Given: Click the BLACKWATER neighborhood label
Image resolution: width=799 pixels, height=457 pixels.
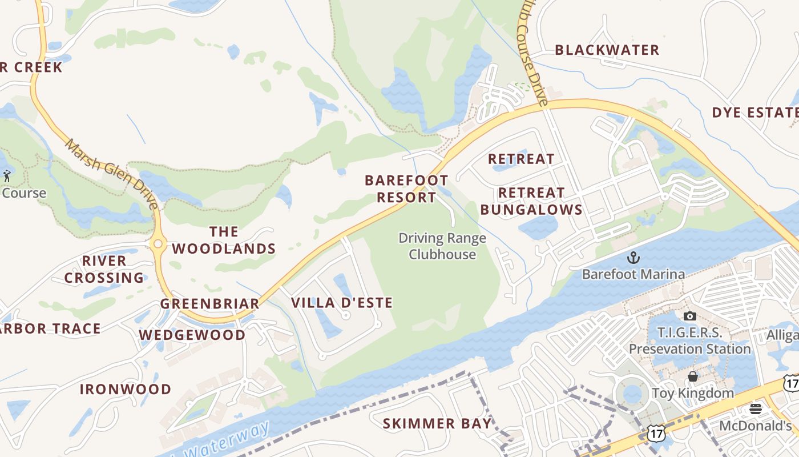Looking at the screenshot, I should point(607,50).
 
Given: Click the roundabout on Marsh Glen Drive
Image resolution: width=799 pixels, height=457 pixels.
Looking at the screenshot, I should point(158,244).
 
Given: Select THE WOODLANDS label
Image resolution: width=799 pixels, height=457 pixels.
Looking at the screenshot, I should point(224,240).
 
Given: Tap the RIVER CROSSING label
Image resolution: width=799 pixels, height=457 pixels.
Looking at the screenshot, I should point(104,269).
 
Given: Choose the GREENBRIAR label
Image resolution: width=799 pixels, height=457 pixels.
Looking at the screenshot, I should point(209,304).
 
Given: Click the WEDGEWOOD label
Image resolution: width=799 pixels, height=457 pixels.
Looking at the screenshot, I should point(192,335).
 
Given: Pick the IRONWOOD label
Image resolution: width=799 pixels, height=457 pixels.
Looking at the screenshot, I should point(126,390).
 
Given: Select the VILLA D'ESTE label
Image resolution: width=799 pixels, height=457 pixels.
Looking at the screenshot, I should point(342,303).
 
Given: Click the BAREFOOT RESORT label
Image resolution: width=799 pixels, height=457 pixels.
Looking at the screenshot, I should point(406,189).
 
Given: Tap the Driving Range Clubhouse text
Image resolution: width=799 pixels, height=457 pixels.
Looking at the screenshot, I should point(442,246).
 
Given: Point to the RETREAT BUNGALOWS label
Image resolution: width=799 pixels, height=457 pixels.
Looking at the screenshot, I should point(531,201).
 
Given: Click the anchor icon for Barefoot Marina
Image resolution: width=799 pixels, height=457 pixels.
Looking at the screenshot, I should point(633,258).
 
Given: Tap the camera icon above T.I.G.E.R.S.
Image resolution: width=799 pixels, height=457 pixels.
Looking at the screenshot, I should point(689,316).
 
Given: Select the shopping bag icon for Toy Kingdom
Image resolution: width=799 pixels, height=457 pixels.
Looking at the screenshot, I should point(692,376).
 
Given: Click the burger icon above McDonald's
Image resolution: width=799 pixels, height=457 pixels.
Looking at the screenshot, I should point(756,409).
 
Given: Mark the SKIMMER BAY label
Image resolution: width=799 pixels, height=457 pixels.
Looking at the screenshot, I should point(437,424).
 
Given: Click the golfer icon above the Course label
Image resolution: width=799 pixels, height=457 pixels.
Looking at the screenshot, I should point(7,175).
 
